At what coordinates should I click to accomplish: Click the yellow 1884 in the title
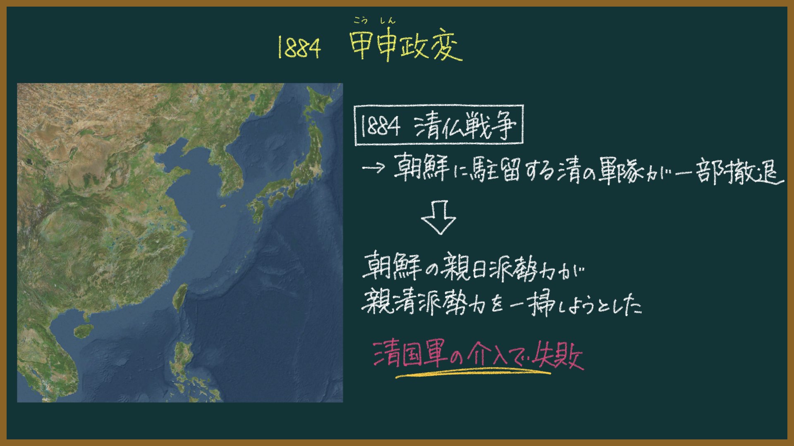[299, 47]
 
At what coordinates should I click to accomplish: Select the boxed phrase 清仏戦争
[465, 126]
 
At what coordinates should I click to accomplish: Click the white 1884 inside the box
[380, 126]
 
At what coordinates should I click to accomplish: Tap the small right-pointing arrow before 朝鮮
[373, 168]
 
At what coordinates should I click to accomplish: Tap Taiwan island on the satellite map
[180, 297]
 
